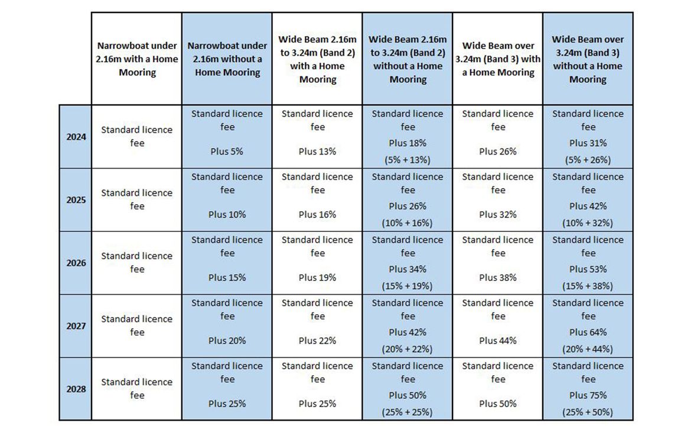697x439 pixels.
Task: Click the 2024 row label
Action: point(76,137)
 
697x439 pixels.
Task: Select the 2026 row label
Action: point(76,263)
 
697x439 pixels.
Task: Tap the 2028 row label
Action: point(76,389)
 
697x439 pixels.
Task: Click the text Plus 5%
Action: point(227,151)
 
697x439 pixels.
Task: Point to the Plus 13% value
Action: point(317,151)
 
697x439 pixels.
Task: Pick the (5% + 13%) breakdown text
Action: point(408,160)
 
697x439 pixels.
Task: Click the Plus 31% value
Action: point(588,143)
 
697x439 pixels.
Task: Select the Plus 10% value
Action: point(227,215)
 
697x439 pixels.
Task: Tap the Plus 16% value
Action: point(317,215)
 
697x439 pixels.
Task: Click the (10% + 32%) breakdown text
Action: point(588,223)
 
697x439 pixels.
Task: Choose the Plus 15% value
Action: point(227,277)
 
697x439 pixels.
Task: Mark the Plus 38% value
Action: point(498,277)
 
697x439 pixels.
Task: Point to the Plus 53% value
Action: point(588,269)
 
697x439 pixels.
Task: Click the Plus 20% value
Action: point(227,341)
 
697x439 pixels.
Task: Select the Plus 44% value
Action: point(498,341)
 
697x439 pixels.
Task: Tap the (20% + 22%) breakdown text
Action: point(408,349)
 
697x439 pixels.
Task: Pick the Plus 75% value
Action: point(588,395)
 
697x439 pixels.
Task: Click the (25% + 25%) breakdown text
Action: point(408,412)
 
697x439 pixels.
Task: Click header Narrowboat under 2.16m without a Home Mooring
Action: point(227,59)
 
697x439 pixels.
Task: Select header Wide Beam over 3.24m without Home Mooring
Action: point(588,59)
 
